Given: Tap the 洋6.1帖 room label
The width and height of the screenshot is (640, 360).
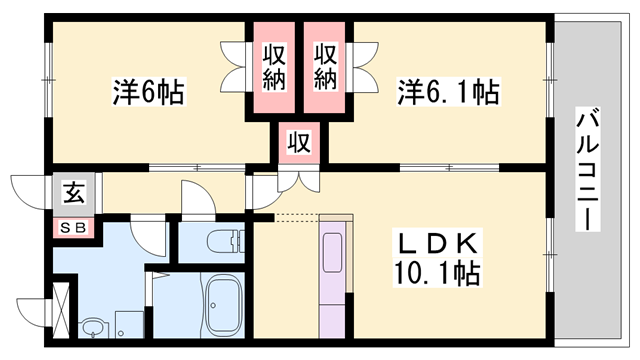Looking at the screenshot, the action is [449, 93].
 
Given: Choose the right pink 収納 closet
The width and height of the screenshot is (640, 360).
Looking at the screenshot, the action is [325, 64].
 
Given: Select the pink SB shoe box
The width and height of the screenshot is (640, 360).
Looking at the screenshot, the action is [75, 227].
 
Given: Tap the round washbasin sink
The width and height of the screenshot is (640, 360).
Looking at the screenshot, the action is [92, 326].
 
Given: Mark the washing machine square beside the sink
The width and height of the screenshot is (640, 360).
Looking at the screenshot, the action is [127, 322].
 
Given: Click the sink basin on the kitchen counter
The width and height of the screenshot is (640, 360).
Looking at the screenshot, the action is [334, 244].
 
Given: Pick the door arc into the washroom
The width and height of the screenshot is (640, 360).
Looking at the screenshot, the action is [147, 236].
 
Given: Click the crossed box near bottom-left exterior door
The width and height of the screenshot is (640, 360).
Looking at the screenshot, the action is [62, 311].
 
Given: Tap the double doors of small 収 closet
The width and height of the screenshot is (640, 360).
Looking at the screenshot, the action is [299, 180].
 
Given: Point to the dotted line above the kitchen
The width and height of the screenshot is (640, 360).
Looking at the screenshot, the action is [296, 215].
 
